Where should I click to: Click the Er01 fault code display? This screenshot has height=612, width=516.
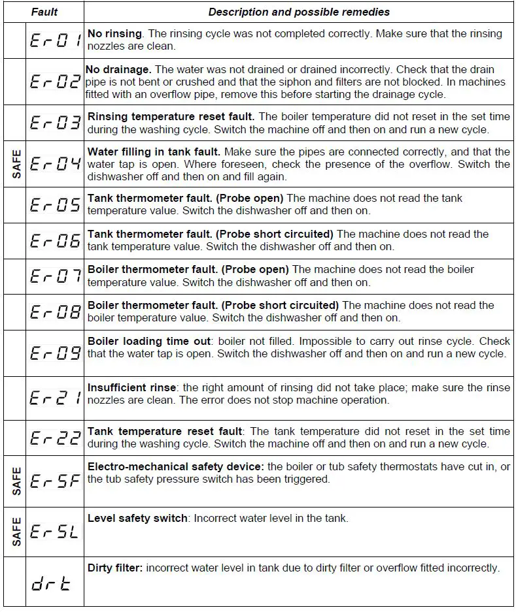click(x=56, y=41)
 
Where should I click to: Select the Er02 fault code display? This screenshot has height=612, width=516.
click(x=56, y=82)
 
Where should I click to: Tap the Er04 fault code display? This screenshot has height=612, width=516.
click(x=56, y=163)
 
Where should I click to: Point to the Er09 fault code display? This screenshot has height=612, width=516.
click(x=56, y=353)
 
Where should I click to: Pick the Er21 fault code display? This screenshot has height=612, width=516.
click(x=56, y=398)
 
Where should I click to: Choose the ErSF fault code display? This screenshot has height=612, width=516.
click(x=56, y=483)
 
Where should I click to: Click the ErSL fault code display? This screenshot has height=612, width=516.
click(x=56, y=531)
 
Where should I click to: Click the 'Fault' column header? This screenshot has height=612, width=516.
click(x=44, y=12)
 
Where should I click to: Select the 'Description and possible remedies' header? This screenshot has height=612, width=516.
click(x=299, y=12)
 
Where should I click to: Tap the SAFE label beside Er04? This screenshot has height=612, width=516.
click(x=16, y=163)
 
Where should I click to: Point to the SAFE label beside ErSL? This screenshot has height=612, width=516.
click(x=16, y=531)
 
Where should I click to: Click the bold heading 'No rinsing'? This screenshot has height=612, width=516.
click(x=114, y=33)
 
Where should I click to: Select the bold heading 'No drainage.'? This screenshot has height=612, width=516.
click(x=118, y=69)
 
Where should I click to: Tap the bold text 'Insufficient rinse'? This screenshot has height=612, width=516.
click(x=131, y=387)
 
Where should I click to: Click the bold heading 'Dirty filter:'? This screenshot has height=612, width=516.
click(x=115, y=568)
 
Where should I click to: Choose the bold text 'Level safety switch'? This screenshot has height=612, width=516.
click(x=137, y=519)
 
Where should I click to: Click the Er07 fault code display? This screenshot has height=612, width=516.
click(x=56, y=276)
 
